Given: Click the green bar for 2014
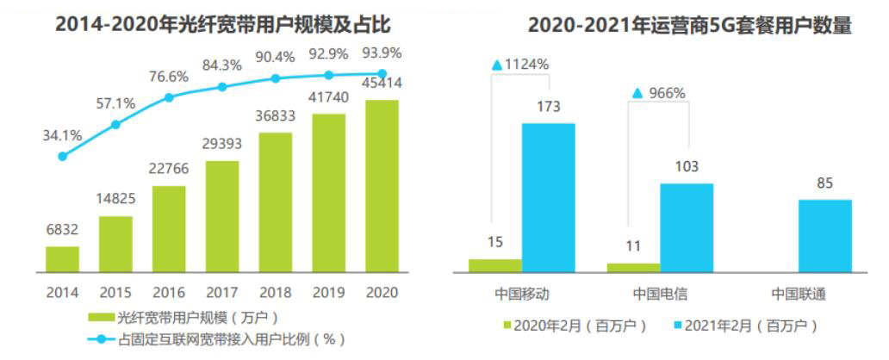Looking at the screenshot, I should [x=62, y=258].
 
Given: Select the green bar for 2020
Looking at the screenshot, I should [x=382, y=185].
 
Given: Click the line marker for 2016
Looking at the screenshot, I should [x=169, y=97].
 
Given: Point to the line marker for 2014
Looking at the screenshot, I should [x=62, y=156].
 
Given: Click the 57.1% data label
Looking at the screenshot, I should [x=115, y=103].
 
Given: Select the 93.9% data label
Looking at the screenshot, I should [x=382, y=53].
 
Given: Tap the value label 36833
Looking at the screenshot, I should [x=276, y=115].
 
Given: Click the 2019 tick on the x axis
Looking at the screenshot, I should [x=328, y=292].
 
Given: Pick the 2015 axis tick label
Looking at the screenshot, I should [x=115, y=292].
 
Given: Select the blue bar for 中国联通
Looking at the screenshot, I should [x=824, y=236].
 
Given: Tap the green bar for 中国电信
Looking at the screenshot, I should [x=633, y=268].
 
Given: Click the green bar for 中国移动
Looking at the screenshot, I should [x=495, y=265].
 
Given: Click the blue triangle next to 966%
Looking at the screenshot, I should [x=637, y=93].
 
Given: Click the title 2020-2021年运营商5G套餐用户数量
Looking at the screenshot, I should [x=689, y=25].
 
